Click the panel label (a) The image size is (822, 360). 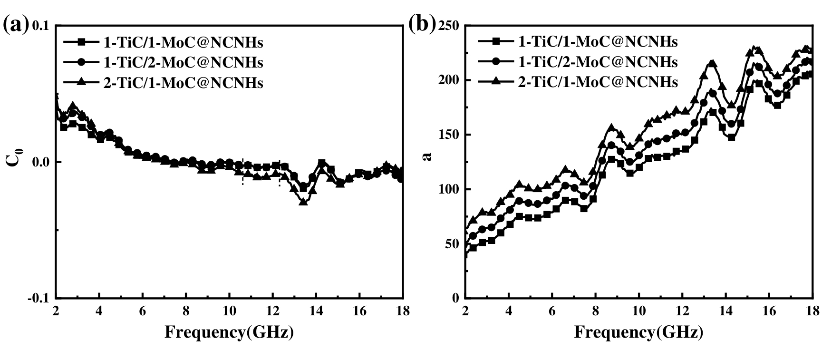(x=15, y=24)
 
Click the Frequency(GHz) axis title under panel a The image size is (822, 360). (x=229, y=332)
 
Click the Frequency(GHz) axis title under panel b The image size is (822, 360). (x=638, y=332)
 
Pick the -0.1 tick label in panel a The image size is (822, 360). (x=38, y=298)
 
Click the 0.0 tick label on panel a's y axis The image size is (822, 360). (x=40, y=162)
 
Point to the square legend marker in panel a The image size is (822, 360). (x=81, y=42)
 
